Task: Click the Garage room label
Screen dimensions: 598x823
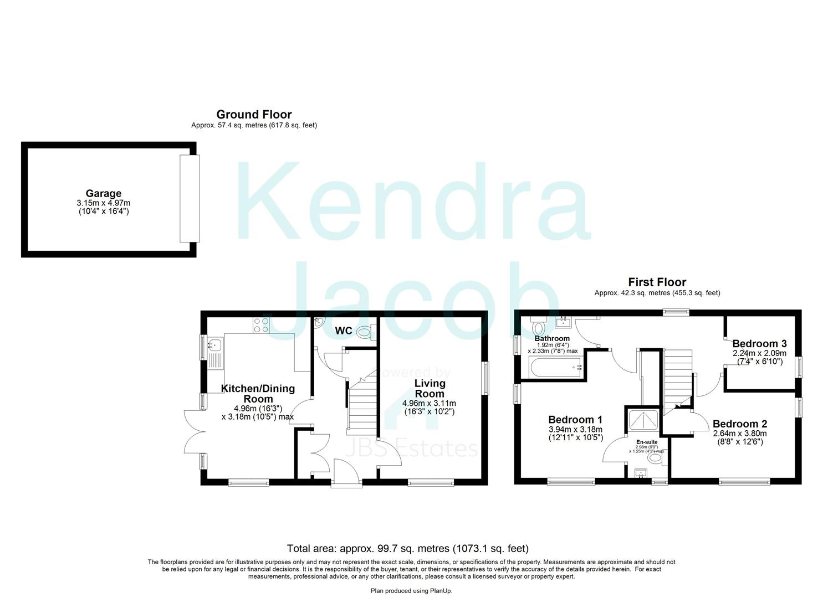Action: click(x=103, y=193)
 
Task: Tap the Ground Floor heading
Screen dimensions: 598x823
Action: click(x=254, y=115)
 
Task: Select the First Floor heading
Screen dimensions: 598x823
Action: click(x=657, y=282)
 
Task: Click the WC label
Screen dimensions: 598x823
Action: click(x=344, y=331)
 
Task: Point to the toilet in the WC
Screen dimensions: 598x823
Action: click(x=365, y=332)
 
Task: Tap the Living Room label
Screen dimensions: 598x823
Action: click(x=430, y=388)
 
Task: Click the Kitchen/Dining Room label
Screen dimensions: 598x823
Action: click(x=258, y=394)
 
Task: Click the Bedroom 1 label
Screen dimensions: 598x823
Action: click(x=575, y=420)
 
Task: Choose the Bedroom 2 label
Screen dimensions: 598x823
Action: click(x=740, y=424)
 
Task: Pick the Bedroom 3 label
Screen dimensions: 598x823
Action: click(x=759, y=344)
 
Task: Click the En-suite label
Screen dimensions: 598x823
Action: click(x=647, y=442)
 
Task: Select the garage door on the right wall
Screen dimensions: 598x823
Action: click(x=189, y=199)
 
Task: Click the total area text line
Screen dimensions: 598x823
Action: click(x=407, y=549)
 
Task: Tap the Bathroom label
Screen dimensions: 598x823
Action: click(x=552, y=338)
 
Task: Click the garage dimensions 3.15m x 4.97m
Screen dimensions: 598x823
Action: click(x=103, y=203)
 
